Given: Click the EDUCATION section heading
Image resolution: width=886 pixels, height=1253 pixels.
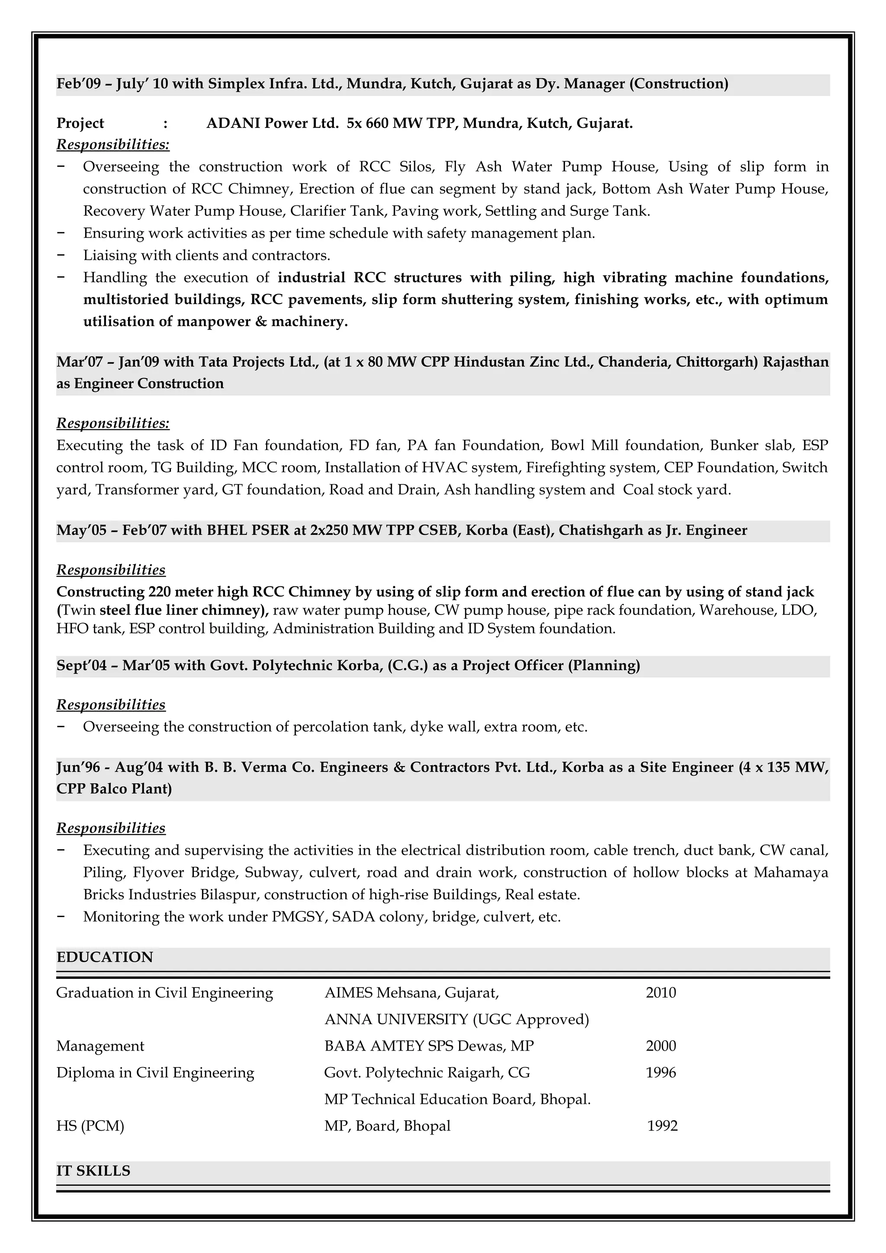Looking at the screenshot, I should [105, 957].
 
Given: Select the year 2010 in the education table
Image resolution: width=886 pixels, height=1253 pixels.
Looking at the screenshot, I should [661, 992].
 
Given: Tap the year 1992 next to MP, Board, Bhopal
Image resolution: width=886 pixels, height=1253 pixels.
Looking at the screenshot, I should [662, 1125].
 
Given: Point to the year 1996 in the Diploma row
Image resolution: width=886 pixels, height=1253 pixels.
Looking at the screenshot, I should [661, 1072].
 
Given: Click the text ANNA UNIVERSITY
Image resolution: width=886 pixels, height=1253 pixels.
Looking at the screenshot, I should [396, 1019].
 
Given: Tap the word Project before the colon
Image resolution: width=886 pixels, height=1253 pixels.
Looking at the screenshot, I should [80, 123].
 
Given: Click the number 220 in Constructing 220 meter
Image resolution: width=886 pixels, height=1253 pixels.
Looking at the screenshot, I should [159, 591].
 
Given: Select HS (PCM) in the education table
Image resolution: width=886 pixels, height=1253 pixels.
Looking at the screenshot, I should [90, 1125].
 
